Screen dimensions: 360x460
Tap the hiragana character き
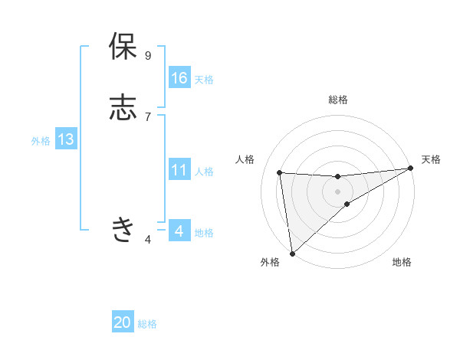coord(123,229)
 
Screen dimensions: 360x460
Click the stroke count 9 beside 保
coord(148,56)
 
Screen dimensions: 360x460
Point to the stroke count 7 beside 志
coord(148,116)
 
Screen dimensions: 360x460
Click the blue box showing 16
coord(179,78)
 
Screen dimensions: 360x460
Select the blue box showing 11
coord(179,170)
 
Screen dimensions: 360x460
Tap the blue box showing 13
coord(65,139)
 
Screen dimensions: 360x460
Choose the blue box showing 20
coord(123,322)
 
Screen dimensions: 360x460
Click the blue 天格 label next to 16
coord(204,80)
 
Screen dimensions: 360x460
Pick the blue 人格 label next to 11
coord(204,172)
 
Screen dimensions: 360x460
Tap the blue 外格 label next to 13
coord(41,141)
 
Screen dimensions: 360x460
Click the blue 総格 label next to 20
coord(147,324)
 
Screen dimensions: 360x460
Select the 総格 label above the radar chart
coord(338,100)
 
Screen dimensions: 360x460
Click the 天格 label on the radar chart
coord(431,159)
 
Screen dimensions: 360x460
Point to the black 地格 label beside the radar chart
coord(402,263)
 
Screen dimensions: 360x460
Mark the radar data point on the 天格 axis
coord(410,169)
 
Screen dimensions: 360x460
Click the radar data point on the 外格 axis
coord(292,253)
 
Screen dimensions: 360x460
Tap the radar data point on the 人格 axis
coord(280,172)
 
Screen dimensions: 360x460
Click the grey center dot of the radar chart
coord(338,191)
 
